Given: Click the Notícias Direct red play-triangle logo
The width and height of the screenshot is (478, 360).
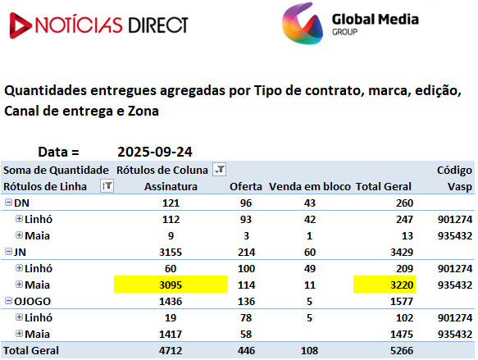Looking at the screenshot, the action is tap(20, 25).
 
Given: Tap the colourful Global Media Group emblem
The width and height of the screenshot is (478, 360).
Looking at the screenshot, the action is tap(303, 24).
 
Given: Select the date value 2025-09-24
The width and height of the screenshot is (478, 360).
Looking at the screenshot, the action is tap(155, 152).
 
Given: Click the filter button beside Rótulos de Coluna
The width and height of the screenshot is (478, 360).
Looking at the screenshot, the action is tap(220, 170).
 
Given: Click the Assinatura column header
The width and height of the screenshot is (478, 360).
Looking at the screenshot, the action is tap(171, 186).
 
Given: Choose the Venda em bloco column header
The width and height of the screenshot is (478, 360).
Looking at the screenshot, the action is tap(310, 186).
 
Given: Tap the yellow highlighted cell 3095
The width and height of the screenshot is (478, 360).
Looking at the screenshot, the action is tap(171, 285).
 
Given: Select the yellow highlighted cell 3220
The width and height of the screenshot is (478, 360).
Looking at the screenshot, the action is tap(385, 285).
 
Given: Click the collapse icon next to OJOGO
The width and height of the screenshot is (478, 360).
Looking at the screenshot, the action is tap(8, 301).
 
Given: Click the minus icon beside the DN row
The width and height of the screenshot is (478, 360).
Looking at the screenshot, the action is tap(8, 203).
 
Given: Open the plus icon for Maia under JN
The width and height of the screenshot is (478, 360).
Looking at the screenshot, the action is tap(19, 284).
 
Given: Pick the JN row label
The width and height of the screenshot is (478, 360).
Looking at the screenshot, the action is tap(20, 252).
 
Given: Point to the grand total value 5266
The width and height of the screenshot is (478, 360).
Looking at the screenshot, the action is tap(402, 350).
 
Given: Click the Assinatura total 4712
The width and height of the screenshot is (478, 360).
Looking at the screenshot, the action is tap(171, 350).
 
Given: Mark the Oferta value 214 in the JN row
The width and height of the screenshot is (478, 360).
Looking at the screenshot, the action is tap(246, 252).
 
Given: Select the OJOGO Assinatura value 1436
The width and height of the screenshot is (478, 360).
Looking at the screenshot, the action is tap(171, 301).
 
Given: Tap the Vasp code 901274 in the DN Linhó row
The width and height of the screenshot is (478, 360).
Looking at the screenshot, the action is tap(455, 219).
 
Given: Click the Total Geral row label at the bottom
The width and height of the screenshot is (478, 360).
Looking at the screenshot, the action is tap(31, 350).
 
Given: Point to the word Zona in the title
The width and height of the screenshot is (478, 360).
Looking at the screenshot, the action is tap(143, 111).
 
